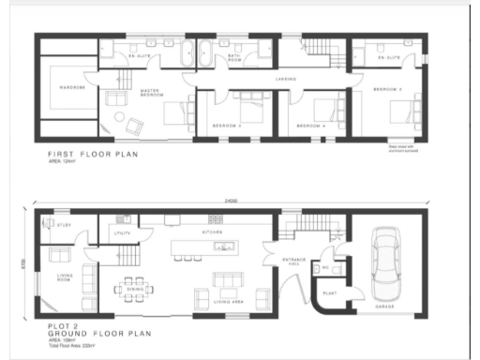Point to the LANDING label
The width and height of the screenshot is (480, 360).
pos(286,79)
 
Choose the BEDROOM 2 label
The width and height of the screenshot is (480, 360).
pos(387,89)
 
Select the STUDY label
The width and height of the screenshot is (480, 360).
pos(65,226)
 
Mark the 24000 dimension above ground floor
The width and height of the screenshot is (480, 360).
pos(230,202)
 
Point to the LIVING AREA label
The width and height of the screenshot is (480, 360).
pos(228,303)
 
